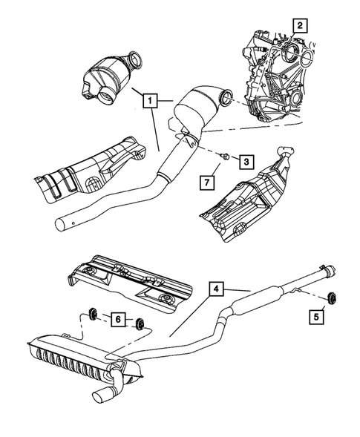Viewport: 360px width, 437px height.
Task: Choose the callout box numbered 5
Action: tap(316, 318)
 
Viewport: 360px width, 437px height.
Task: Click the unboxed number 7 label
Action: tap(210, 180)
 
